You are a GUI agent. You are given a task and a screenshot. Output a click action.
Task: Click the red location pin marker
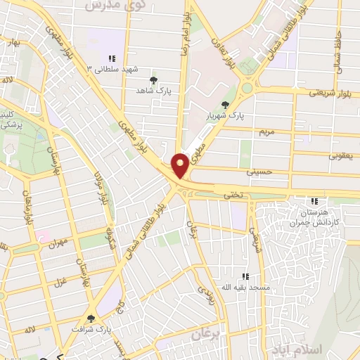tap(181, 165)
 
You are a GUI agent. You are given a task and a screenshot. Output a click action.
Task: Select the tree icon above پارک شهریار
tap(225, 104)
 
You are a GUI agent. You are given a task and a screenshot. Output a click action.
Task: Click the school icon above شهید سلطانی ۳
tap(110, 58)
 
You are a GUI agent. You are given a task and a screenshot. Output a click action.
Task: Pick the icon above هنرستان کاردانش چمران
tap(314, 202)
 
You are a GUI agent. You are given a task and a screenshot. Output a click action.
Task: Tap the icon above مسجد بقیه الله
tap(245, 277)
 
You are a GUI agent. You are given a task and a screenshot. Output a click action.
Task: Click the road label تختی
tap(232, 194)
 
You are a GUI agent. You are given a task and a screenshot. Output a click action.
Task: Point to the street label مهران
tap(58, 243)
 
